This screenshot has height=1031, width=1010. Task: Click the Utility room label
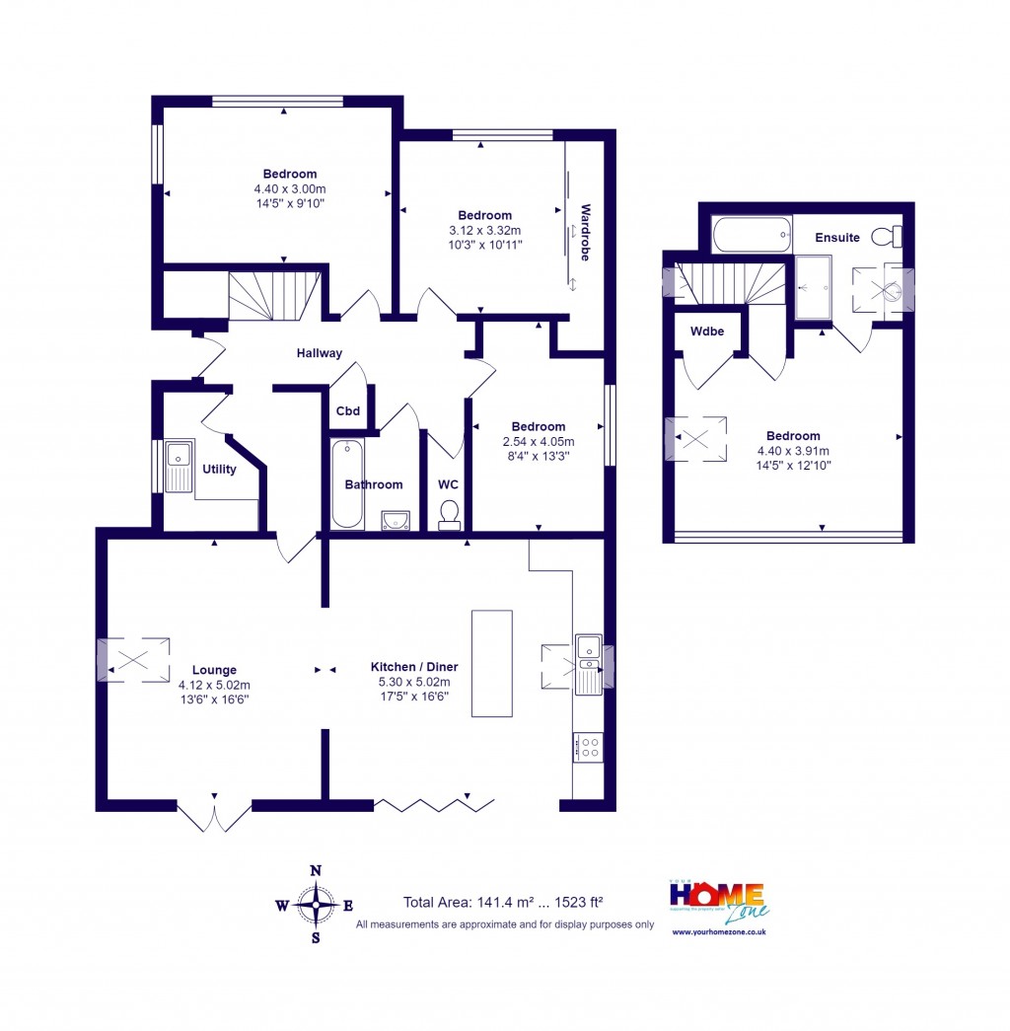(219, 469)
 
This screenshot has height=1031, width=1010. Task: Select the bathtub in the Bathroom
(347, 483)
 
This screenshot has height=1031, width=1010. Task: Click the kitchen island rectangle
(492, 663)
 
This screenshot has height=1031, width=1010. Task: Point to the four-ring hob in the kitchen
(588, 747)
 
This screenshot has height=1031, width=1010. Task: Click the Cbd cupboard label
(347, 411)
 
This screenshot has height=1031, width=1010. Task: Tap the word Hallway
(320, 353)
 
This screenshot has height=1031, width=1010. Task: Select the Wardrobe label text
(585, 232)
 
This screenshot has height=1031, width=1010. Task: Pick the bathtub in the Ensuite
(752, 235)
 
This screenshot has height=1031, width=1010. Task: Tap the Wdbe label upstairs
(707, 331)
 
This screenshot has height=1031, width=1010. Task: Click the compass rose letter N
(316, 870)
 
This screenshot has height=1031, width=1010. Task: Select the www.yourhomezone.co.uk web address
(718, 932)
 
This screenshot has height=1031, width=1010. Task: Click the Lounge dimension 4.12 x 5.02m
(214, 685)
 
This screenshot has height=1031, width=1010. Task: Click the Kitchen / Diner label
(414, 667)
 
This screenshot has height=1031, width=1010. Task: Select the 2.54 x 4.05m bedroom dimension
(539, 442)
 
